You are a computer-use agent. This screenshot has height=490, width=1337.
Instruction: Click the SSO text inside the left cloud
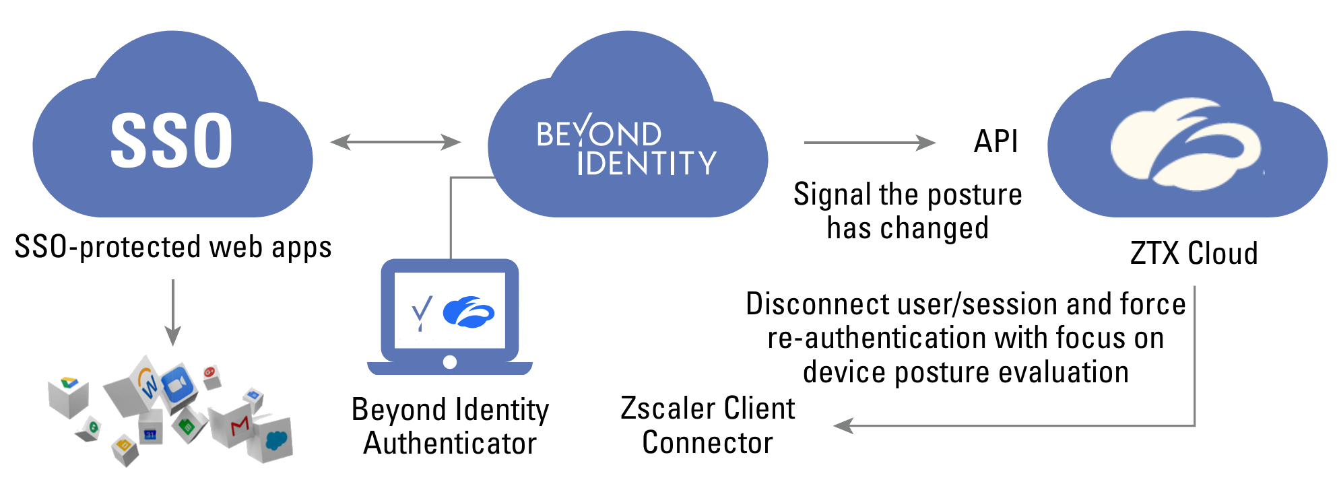pyautogui.click(x=172, y=141)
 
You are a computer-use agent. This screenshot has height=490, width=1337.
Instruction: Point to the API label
pyautogui.click(x=996, y=142)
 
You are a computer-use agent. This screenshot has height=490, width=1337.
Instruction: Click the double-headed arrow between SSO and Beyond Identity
pyautogui.click(x=395, y=142)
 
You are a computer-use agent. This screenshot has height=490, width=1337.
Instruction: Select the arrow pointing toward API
pyautogui.click(x=869, y=143)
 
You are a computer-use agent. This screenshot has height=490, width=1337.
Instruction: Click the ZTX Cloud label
pyautogui.click(x=1194, y=254)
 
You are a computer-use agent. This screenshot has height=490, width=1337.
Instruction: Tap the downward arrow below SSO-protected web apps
pyautogui.click(x=173, y=313)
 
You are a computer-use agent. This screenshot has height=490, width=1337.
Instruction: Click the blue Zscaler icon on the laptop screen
pyautogui.click(x=469, y=312)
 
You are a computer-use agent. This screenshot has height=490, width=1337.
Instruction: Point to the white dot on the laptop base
pyautogui.click(x=450, y=362)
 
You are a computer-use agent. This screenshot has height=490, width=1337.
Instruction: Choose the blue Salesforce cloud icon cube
pyautogui.click(x=275, y=440)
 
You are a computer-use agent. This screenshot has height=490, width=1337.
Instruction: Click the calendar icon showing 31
pyautogui.click(x=150, y=432)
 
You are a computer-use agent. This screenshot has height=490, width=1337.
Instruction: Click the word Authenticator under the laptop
pyautogui.click(x=450, y=444)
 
